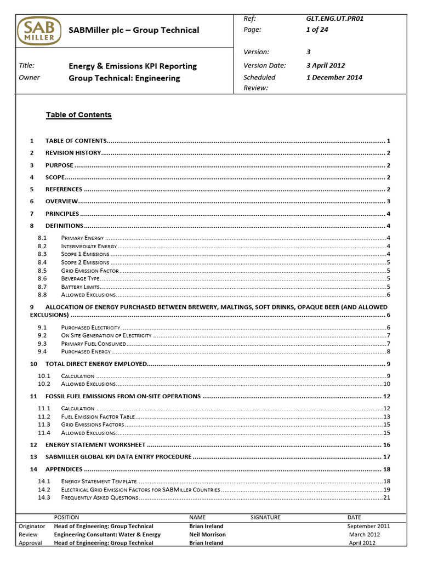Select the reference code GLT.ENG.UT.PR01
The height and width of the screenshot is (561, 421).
tap(334, 18)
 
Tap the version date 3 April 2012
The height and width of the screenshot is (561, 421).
tap(326, 65)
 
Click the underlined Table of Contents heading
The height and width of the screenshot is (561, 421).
tap(78, 115)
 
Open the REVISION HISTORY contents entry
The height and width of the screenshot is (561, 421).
tap(73, 153)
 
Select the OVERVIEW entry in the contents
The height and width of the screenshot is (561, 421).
tap(61, 202)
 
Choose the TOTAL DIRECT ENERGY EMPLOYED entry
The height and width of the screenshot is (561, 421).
tap(96, 364)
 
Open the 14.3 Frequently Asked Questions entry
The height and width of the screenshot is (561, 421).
tap(99, 497)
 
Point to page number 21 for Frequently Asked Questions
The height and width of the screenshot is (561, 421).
tap(386, 497)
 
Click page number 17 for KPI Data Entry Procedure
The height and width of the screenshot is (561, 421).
tap(386, 457)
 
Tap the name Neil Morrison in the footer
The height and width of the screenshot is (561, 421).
tap(207, 534)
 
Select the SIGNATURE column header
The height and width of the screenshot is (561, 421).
tap(265, 517)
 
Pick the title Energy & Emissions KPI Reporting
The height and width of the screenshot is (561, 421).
tap(132, 66)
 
